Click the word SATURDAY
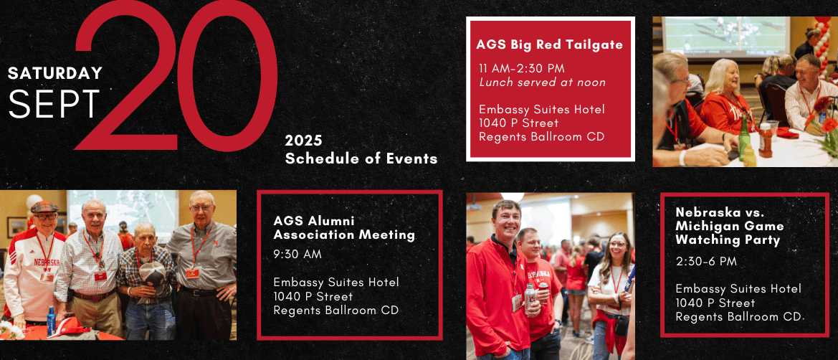point(55,73)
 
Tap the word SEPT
point(54,103)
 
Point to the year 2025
point(303,141)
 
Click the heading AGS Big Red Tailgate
point(549,44)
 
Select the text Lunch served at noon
point(543,82)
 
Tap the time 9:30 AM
point(297,255)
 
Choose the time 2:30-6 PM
point(706,262)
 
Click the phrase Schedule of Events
point(361,159)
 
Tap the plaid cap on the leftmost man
point(44,207)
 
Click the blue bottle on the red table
point(51,320)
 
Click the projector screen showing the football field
point(725,37)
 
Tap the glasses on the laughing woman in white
point(617,244)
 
